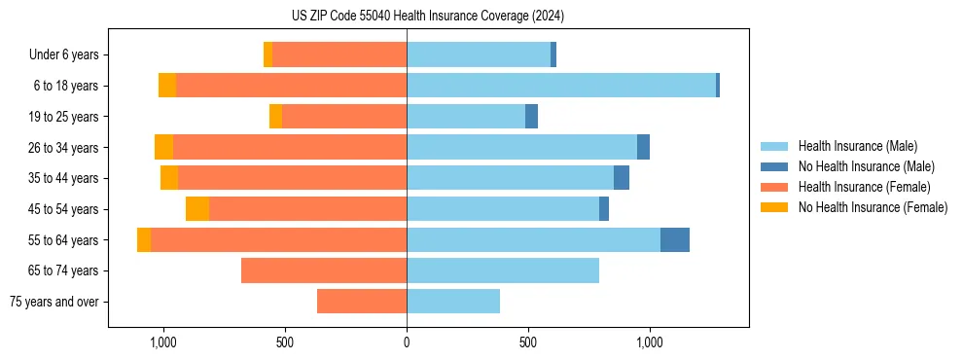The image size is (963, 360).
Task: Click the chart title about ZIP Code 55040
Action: coord(427,16)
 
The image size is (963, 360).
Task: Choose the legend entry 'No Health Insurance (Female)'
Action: coord(873,207)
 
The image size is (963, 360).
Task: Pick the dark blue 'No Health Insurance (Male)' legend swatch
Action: coord(775,166)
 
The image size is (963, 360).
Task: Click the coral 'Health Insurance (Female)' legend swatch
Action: coord(775,187)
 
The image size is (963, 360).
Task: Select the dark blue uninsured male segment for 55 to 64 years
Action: coord(675,240)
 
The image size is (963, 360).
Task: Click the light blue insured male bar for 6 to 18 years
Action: coord(561,86)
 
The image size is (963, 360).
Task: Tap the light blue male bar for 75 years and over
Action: coord(453,302)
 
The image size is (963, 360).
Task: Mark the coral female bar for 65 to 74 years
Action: coord(324,270)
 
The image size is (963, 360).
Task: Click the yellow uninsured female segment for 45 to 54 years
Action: coord(197,209)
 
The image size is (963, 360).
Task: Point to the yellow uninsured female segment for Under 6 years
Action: coord(267,54)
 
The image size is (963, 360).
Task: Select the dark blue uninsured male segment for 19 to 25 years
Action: coord(531,117)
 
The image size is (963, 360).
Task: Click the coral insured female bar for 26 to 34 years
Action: coord(290,147)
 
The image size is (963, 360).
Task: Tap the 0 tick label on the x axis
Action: coord(407,342)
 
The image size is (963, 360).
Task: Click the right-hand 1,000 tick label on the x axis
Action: coord(650,342)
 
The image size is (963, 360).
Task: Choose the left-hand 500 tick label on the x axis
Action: coord(285,342)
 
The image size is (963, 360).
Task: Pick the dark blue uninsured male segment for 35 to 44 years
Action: coord(622,178)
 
